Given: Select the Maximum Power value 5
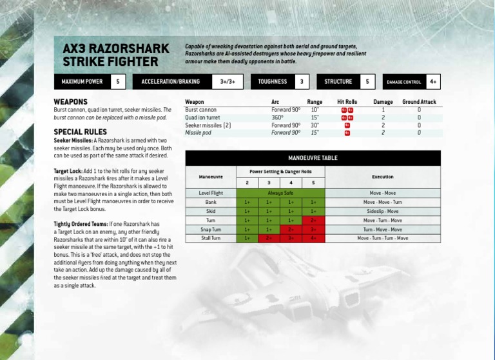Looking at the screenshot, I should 117,82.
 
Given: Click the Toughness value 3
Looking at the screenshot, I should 301,82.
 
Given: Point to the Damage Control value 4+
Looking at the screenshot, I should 434,82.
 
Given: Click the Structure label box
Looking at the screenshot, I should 338,82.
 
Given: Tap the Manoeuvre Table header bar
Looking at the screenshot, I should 312,157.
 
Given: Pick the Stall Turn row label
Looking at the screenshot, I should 211,238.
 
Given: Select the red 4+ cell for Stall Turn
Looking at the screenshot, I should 314,238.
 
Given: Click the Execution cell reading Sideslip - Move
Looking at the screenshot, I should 382,211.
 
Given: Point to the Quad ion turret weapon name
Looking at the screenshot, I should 203,117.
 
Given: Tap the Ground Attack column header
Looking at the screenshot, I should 419,102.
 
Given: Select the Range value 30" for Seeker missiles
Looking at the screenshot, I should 315,125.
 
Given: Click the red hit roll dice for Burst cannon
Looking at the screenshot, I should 347,110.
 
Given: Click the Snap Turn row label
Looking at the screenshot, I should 211,229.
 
